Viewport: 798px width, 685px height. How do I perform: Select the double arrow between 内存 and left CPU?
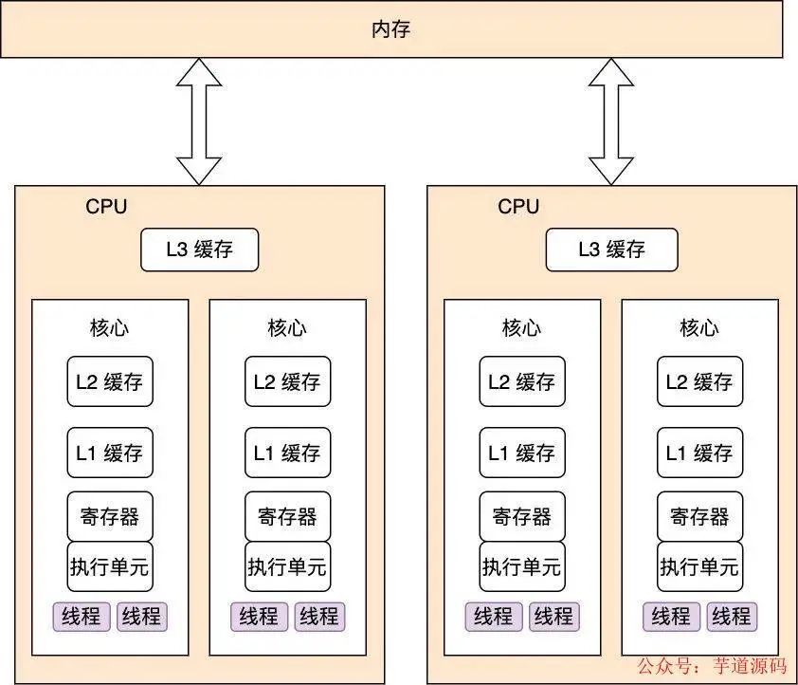[x=199, y=120]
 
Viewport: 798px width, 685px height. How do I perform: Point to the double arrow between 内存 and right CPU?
[x=611, y=120]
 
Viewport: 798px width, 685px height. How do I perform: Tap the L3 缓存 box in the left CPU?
[x=199, y=250]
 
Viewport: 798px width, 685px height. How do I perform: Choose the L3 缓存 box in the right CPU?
[x=611, y=250]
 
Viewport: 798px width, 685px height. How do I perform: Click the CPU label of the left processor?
[x=106, y=207]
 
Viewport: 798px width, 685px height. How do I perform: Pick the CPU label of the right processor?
[x=518, y=207]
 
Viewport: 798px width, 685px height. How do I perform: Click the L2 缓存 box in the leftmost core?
[x=110, y=382]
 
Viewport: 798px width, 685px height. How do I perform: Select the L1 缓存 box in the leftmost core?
[x=110, y=453]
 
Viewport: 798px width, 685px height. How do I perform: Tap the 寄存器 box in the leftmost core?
[x=110, y=516]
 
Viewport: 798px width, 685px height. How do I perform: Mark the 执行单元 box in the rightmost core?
[x=699, y=566]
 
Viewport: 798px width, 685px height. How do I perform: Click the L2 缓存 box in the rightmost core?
[x=699, y=382]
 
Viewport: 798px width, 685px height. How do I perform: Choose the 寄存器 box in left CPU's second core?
[x=287, y=516]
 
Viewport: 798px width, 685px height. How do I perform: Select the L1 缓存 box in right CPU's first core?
[x=522, y=453]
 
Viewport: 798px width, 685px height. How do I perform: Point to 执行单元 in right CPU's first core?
[x=522, y=566]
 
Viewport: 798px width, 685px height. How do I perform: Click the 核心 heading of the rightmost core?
[x=699, y=328]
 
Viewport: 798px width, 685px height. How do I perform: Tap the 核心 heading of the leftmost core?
[x=110, y=328]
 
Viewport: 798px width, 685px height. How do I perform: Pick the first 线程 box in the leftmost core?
[x=82, y=617]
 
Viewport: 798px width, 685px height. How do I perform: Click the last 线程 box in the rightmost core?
[x=731, y=617]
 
